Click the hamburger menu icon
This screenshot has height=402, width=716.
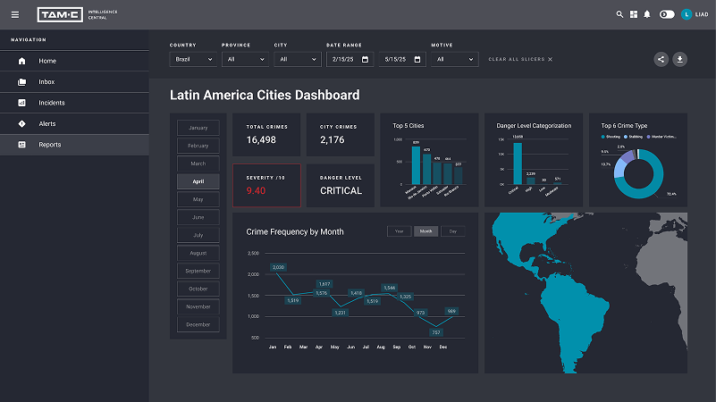pos(14,14)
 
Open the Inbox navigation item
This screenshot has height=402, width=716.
pos(46,82)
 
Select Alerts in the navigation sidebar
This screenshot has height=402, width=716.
pos(46,123)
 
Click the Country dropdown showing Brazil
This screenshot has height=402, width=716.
pos(192,59)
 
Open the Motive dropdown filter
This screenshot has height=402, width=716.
pos(454,59)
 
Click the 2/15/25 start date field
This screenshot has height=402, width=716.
pos(350,59)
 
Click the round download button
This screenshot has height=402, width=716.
pos(680,59)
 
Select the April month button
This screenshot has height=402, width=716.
pos(198,181)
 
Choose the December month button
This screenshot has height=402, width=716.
pos(198,324)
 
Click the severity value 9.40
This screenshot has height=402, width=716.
pos(256,190)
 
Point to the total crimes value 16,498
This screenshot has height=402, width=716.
pos(261,139)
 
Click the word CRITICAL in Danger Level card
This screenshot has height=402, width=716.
pos(341,190)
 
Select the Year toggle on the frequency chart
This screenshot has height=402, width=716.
pos(400,231)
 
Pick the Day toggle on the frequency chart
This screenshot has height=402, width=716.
pos(452,231)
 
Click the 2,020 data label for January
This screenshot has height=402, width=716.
pos(278,267)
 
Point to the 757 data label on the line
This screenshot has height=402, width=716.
pos(436,331)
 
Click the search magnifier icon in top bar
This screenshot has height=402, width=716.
pos(620,14)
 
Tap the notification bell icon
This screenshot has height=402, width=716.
pos(646,14)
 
